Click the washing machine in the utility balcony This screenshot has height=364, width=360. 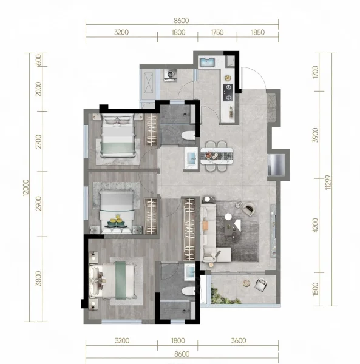click(171, 75)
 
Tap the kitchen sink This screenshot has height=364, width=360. click(207, 62)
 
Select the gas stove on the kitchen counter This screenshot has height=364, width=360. click(228, 92)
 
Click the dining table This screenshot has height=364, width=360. click(217, 156)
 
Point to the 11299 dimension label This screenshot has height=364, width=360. click(328, 182)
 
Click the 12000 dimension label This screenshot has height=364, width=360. click(26, 187)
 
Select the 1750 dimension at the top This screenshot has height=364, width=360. click(217, 32)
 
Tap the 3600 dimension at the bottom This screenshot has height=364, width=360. click(239, 340)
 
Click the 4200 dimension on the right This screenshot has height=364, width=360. click(315, 225)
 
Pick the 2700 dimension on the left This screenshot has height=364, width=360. click(39, 141)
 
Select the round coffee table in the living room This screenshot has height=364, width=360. click(228, 217)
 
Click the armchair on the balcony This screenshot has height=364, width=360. click(260, 285)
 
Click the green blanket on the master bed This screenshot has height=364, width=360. click(121, 280)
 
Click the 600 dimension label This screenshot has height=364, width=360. click(39, 60)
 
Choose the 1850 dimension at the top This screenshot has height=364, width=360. click(258, 32)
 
